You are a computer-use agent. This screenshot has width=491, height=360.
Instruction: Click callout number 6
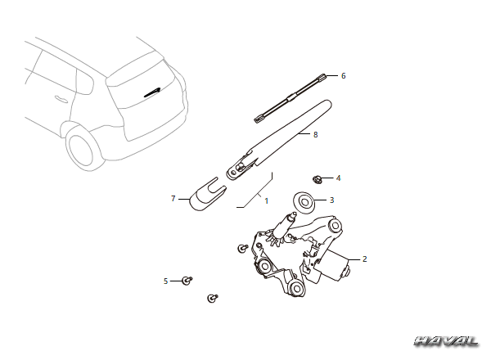pyautogui.click(x=343, y=76)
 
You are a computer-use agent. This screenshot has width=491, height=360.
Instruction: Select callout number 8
pyautogui.click(x=316, y=135)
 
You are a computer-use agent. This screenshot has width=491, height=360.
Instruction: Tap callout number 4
pyautogui.click(x=338, y=178)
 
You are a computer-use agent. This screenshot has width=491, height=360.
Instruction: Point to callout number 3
pyautogui.click(x=332, y=200)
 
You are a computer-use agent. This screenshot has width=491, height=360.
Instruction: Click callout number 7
pyautogui.click(x=173, y=199)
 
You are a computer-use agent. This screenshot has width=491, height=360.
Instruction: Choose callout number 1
pyautogui.click(x=267, y=200)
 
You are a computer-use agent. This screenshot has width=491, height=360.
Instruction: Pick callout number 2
pyautogui.click(x=364, y=259)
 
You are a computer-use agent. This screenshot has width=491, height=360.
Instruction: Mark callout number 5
pyautogui.click(x=165, y=281)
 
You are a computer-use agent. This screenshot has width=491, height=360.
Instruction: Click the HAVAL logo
pyautogui.click(x=447, y=341)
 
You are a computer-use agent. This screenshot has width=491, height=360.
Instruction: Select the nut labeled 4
pyautogui.click(x=317, y=179)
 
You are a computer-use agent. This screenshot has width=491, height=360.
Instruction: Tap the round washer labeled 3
pyautogui.click(x=304, y=204)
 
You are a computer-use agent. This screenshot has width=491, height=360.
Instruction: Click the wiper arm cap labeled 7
pyautogui.click(x=208, y=195)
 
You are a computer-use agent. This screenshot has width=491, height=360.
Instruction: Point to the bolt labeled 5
pyautogui.click(x=187, y=281)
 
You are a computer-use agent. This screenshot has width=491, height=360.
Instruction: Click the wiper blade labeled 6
pyautogui.click(x=290, y=98)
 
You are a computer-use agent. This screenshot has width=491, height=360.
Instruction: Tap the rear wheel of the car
pyautogui.click(x=83, y=148)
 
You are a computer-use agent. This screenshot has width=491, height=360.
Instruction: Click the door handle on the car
pyautogui.click(x=61, y=99)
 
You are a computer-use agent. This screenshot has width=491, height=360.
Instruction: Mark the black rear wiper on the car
pyautogui.click(x=152, y=92)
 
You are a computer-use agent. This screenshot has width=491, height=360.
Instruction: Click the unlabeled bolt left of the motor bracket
pyautogui.click(x=243, y=248)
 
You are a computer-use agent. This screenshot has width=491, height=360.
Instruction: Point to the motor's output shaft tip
pyautogui.click(x=293, y=214)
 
